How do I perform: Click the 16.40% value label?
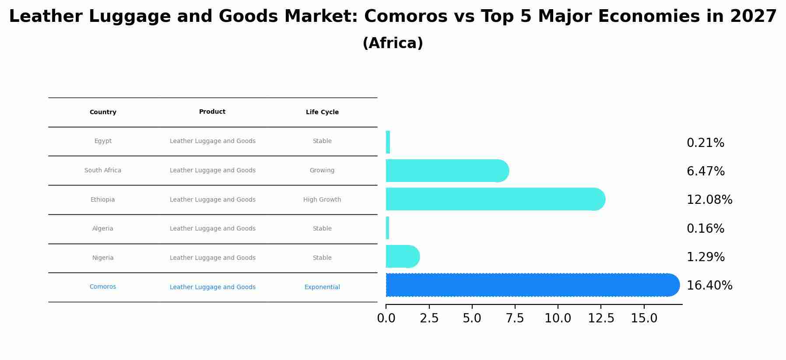pyautogui.click(x=709, y=286)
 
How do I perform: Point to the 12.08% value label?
pyautogui.click(x=709, y=200)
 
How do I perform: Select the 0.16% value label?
pyautogui.click(x=705, y=229)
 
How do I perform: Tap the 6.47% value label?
pyautogui.click(x=705, y=171)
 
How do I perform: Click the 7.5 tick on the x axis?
pyautogui.click(x=515, y=318)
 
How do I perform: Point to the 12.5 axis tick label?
pyautogui.click(x=601, y=318)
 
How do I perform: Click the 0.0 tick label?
pyautogui.click(x=386, y=318)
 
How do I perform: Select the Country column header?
pyautogui.click(x=103, y=112)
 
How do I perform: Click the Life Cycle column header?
pyautogui.click(x=322, y=112)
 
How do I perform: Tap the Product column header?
pyautogui.click(x=212, y=112)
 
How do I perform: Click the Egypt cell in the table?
pyautogui.click(x=103, y=141)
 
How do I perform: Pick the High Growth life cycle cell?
pyautogui.click(x=322, y=200)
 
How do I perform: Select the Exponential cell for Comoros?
pyautogui.click(x=322, y=287)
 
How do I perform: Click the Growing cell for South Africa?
pyautogui.click(x=322, y=171)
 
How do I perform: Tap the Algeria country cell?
pyautogui.click(x=103, y=229)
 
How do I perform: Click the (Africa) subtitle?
pyautogui.click(x=393, y=43)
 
